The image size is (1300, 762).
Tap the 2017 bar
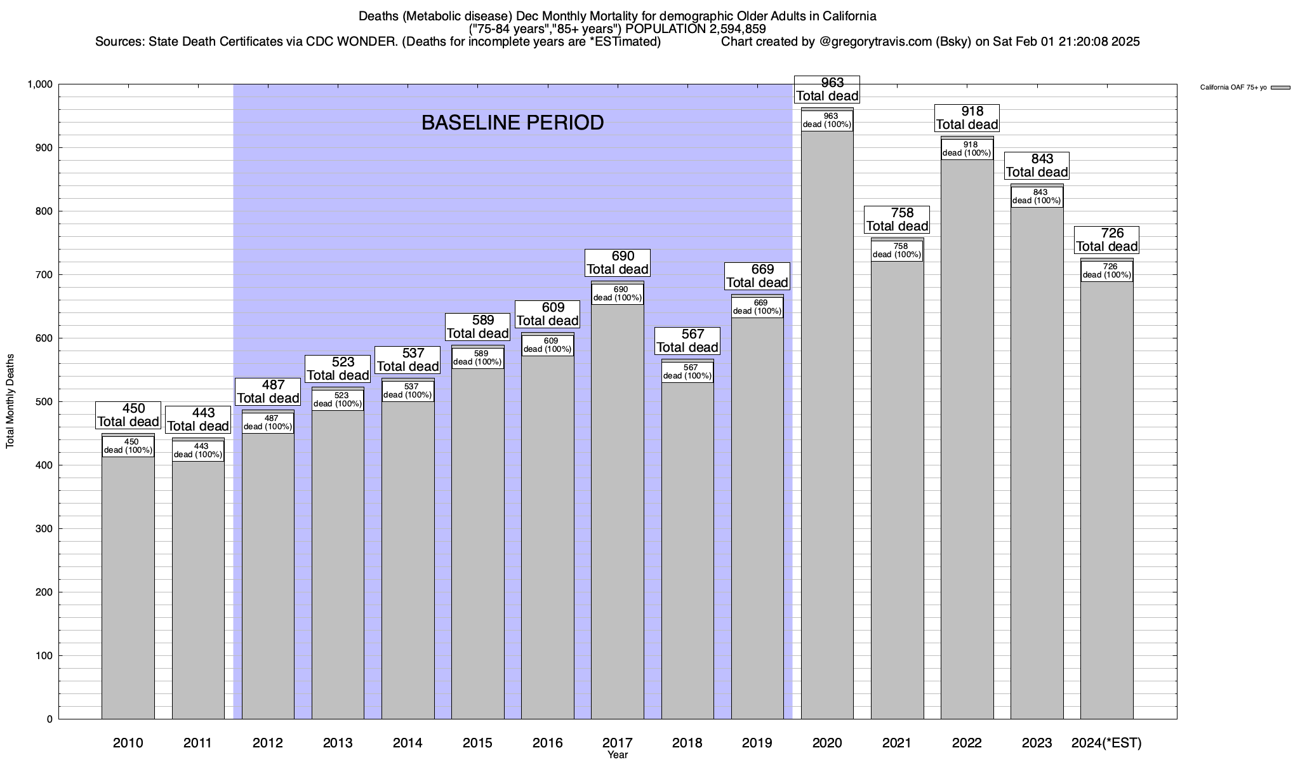[x=618, y=508]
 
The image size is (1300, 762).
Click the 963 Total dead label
[x=827, y=90]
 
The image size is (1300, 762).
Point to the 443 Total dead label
[x=198, y=420]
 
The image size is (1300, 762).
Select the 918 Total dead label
[x=967, y=118]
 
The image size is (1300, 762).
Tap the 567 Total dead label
[x=687, y=341]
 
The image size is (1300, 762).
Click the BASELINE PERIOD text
[x=512, y=123]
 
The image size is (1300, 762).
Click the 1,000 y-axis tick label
[x=40, y=84]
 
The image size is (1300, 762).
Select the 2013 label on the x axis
[x=338, y=743]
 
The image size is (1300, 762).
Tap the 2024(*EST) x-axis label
[x=1106, y=743]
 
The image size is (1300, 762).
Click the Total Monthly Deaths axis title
[x=10, y=401]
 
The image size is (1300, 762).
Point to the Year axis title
[x=617, y=755]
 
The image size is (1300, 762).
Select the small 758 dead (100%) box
[x=897, y=251]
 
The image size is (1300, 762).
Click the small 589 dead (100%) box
[x=478, y=358]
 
